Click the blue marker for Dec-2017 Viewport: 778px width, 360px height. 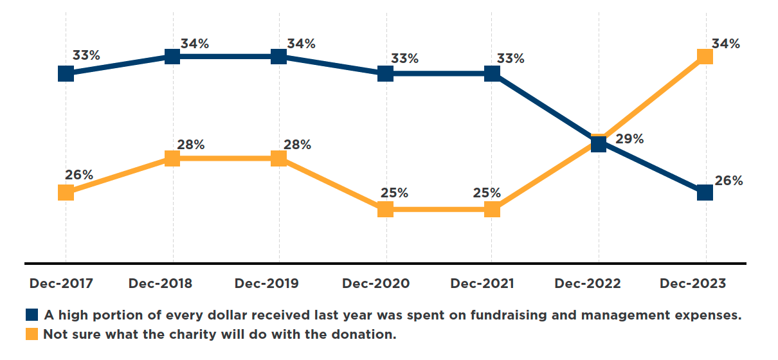[x=66, y=73]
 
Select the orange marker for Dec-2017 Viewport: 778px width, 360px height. [x=66, y=192]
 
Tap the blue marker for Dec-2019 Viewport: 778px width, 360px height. [x=278, y=57]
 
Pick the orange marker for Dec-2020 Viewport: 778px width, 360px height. [x=385, y=209]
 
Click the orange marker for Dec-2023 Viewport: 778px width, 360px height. [x=705, y=57]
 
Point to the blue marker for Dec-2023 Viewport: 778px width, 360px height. [x=705, y=192]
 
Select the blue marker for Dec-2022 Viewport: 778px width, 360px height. [x=599, y=143]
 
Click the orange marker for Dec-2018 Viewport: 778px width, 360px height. [x=172, y=158]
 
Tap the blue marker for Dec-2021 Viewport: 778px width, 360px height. [x=492, y=73]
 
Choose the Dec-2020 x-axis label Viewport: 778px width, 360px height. [x=375, y=283]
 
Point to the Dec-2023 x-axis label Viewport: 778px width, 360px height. [x=692, y=283]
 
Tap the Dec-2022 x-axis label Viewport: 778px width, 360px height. [x=588, y=283]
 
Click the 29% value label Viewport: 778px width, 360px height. [x=629, y=139]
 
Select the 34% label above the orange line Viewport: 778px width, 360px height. [x=725, y=44]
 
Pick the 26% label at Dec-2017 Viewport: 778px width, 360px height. [x=78, y=175]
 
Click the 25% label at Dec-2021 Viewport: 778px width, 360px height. [x=487, y=193]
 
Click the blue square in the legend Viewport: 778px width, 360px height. [x=32, y=315]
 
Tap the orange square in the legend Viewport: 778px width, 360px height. [x=32, y=334]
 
